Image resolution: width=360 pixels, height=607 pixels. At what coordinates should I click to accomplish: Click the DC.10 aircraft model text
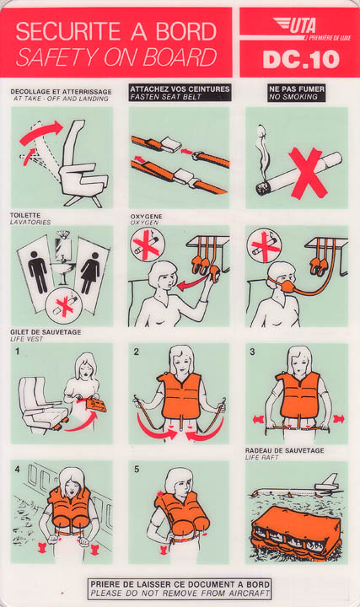point(301,60)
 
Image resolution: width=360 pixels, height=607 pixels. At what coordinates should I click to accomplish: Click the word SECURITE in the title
point(68,32)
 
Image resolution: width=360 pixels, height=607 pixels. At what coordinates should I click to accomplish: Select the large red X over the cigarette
point(309,173)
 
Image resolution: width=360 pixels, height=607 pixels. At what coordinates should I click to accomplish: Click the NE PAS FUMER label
point(297,89)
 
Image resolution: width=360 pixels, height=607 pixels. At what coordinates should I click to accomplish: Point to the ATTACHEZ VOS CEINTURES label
point(180,89)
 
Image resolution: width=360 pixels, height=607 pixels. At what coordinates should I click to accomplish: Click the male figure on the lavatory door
point(38,274)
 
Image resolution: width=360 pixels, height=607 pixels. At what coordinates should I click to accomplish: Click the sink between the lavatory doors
point(62,271)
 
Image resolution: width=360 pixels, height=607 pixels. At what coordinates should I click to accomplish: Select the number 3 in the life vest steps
point(252,352)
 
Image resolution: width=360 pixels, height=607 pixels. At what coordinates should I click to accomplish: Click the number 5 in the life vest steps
point(137,470)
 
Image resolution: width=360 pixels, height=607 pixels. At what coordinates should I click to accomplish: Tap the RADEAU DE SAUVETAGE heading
point(284,450)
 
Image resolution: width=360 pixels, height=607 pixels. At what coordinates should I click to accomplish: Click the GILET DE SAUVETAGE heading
point(46,332)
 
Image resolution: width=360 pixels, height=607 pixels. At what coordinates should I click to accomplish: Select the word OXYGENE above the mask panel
point(146,217)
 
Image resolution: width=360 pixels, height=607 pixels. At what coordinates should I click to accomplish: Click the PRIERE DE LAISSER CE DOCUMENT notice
point(180,584)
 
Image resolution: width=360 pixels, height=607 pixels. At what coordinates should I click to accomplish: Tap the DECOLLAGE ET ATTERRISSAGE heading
point(62,92)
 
